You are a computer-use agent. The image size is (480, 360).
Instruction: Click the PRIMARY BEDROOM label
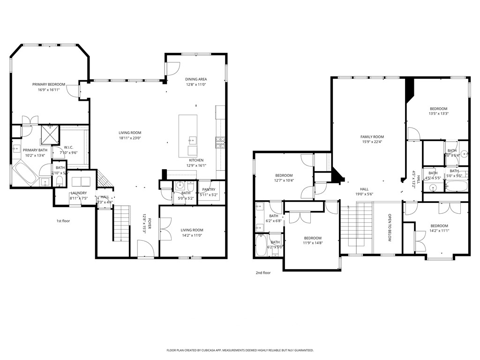[49, 84]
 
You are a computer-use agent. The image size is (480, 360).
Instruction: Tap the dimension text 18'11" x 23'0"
[130, 138]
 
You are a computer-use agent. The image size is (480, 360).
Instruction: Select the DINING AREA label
[196, 79]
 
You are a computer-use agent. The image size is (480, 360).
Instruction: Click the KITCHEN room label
[196, 160]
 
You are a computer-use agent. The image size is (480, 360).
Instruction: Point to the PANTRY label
[209, 189]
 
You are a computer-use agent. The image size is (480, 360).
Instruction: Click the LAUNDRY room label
[78, 193]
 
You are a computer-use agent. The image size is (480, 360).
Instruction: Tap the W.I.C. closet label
[68, 147]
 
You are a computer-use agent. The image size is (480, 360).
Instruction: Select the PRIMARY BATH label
[36, 150]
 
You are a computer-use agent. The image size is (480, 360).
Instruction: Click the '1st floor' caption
[63, 220]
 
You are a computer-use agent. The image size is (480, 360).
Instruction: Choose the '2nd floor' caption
[263, 272]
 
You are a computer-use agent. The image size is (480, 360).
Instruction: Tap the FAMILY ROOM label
[372, 136]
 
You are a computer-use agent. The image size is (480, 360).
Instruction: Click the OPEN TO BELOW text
[389, 228]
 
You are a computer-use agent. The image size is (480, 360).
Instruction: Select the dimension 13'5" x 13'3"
[438, 113]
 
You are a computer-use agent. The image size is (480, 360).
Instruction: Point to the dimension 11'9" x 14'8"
[312, 242]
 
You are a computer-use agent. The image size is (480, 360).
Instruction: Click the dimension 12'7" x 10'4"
[284, 180]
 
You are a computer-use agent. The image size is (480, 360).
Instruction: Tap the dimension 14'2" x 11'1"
[439, 230]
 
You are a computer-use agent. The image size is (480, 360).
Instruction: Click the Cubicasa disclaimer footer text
[240, 350]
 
